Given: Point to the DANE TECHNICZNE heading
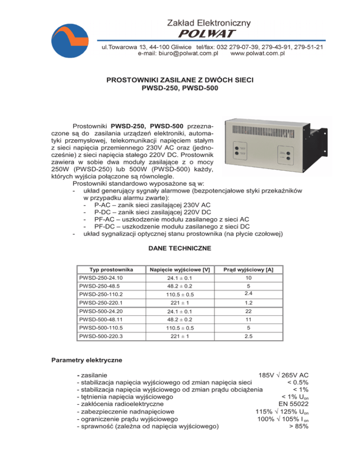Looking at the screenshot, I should (180, 248).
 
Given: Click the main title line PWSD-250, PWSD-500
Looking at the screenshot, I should (180, 88).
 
